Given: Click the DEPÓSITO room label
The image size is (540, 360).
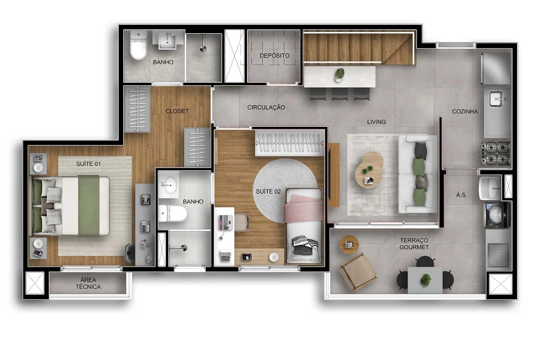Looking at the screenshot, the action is pyautogui.click(x=274, y=55).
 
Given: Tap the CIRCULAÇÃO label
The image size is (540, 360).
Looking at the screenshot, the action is pyautogui.click(x=266, y=107).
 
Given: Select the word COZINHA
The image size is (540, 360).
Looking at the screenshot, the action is pyautogui.click(x=465, y=112).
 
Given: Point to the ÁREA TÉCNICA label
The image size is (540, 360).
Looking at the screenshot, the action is pyautogui.click(x=88, y=283).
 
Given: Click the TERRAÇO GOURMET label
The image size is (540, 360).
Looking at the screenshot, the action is pyautogui.click(x=414, y=243).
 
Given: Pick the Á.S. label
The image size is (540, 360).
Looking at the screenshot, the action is pyautogui.click(x=461, y=195).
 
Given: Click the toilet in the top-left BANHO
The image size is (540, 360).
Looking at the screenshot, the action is pyautogui.click(x=139, y=45).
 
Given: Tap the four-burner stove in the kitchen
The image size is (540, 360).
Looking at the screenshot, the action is pyautogui.click(x=495, y=153).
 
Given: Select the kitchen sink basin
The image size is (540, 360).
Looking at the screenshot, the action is pyautogui.click(x=496, y=99).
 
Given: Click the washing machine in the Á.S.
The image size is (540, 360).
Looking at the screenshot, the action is pyautogui.click(x=497, y=215).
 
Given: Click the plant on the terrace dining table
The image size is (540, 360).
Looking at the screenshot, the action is pyautogui.click(x=426, y=280).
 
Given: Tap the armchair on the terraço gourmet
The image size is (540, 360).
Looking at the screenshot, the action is pyautogui.click(x=358, y=272).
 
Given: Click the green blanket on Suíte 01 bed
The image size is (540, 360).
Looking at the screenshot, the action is pyautogui.click(x=89, y=206).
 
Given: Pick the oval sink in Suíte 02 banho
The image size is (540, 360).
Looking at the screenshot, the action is pyautogui.click(x=171, y=185).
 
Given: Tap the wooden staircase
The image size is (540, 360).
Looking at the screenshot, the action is pyautogui.click(x=359, y=49).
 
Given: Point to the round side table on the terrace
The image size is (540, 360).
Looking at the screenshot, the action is pyautogui.click(x=349, y=245).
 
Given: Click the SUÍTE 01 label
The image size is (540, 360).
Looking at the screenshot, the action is pyautogui.click(x=88, y=164).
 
